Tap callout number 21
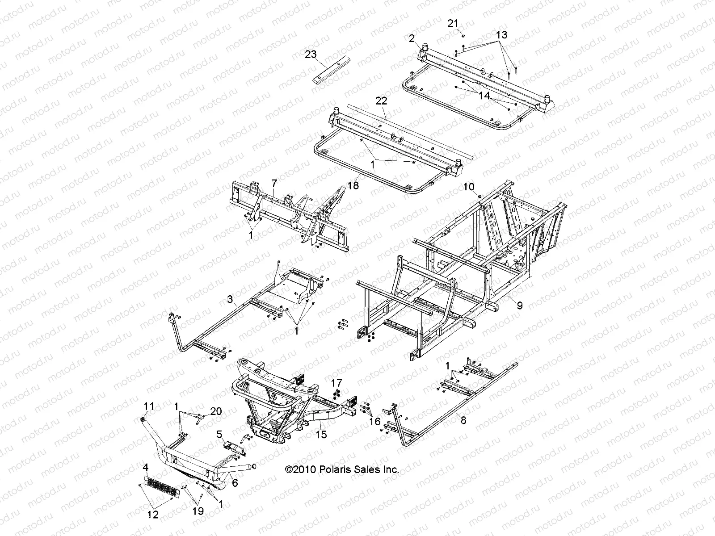click(454, 23)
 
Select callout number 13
click(501, 35)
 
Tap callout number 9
click(519, 306)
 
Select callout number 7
click(274, 183)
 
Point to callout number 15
click(321, 434)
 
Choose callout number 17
click(336, 383)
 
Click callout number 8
click(463, 420)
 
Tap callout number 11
click(149, 406)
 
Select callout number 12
click(153, 515)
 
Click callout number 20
click(216, 411)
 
